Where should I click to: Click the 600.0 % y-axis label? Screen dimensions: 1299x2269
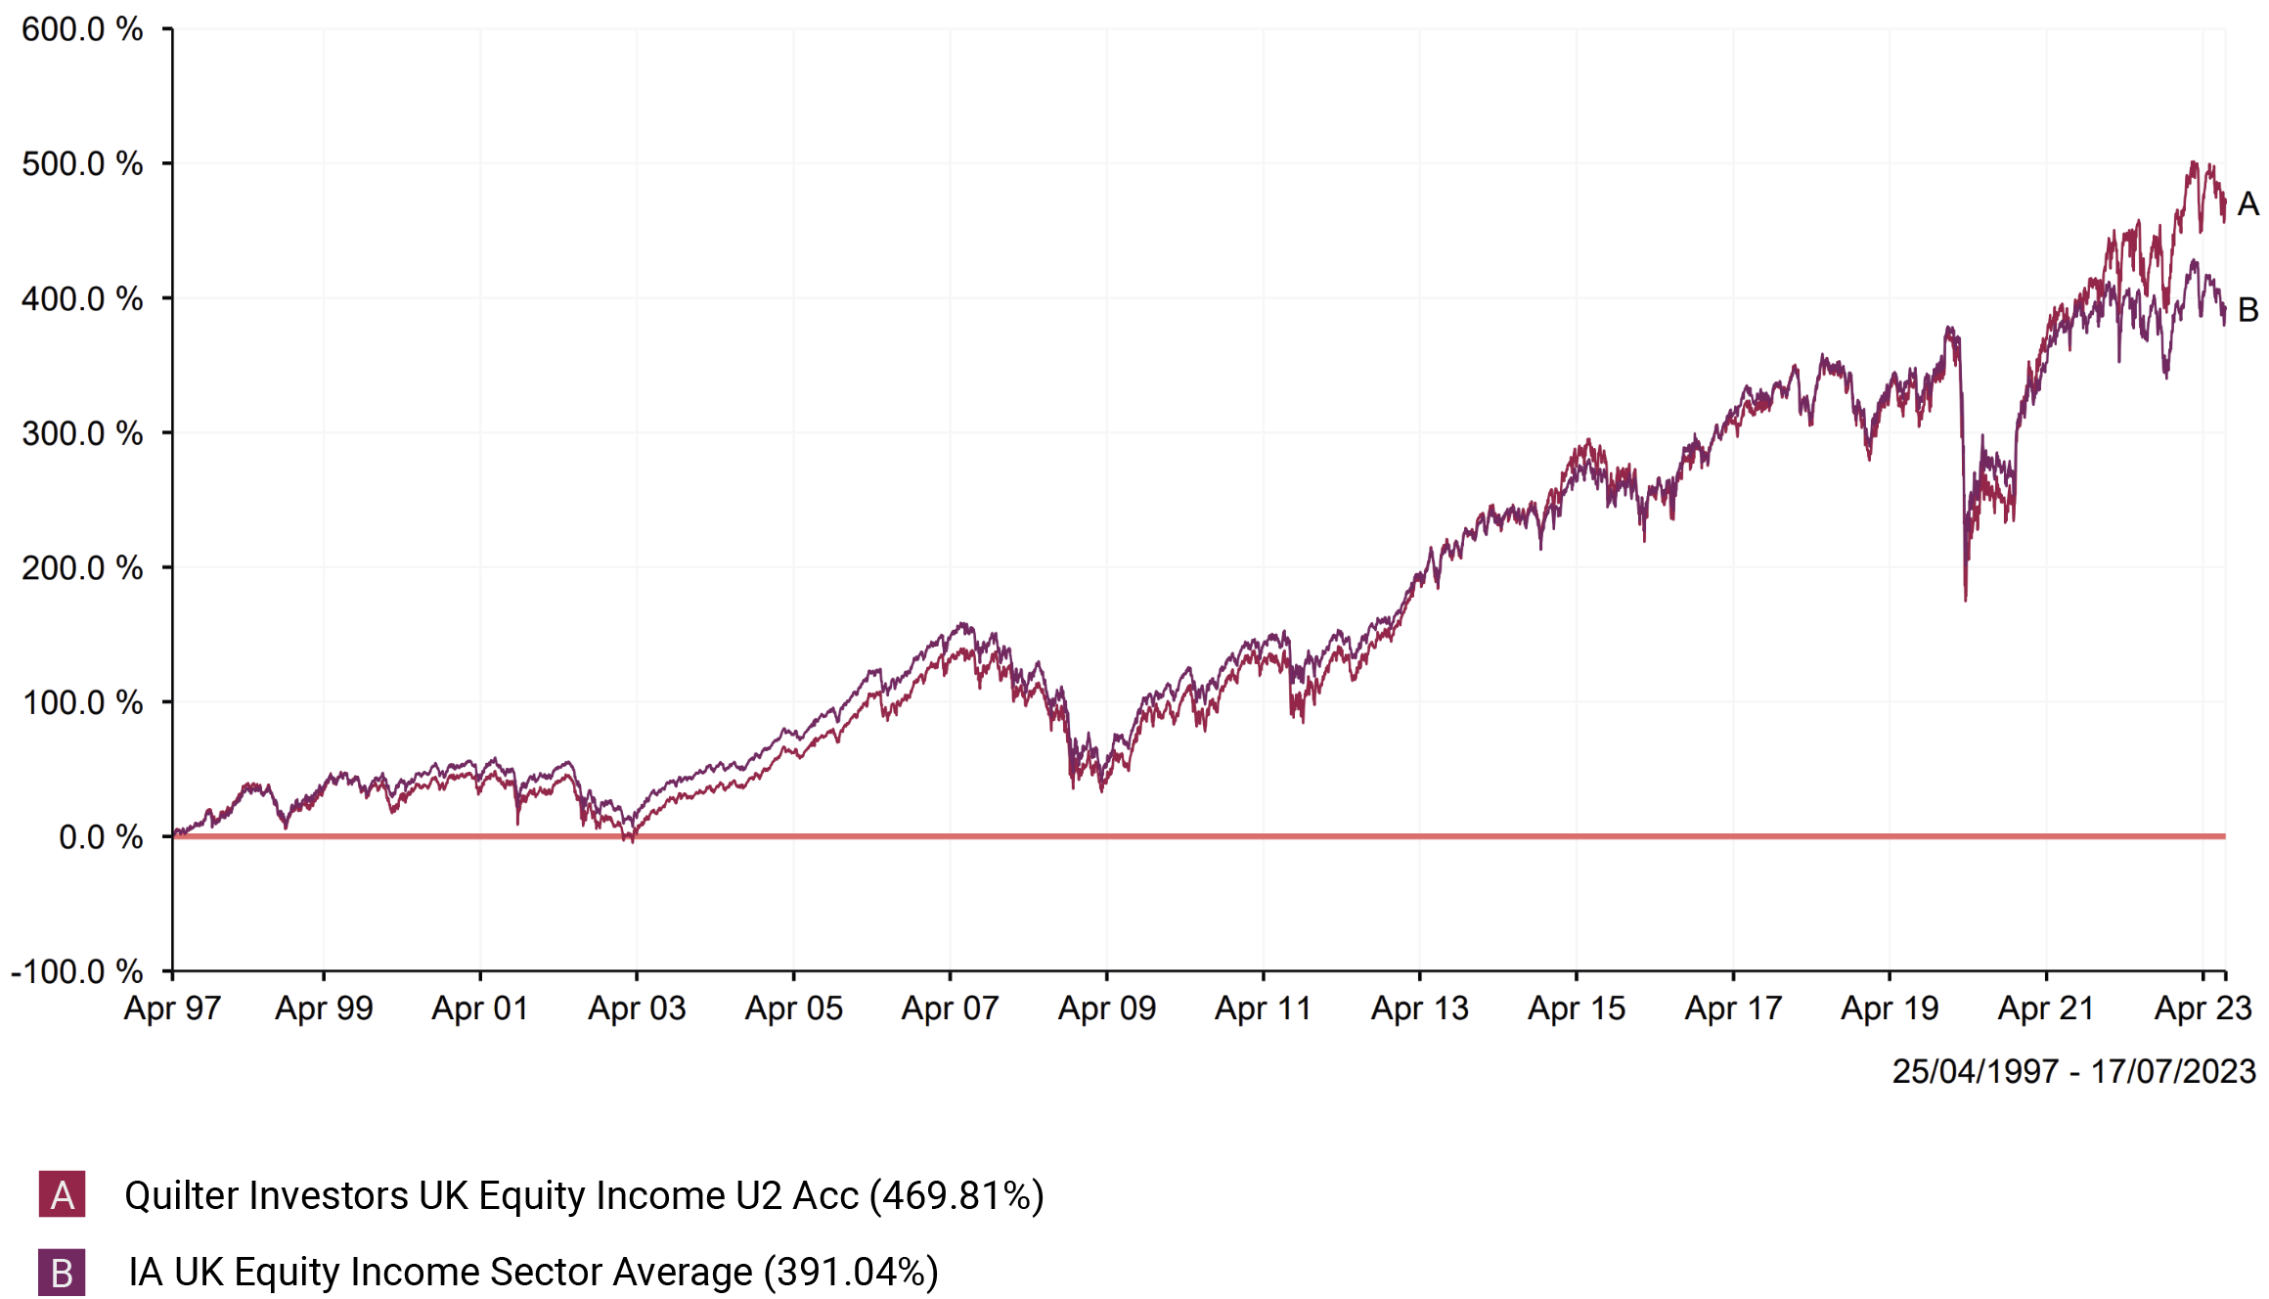click(x=82, y=29)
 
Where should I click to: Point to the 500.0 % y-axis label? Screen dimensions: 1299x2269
click(x=82, y=163)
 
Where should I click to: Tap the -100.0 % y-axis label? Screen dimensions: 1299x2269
click(x=76, y=971)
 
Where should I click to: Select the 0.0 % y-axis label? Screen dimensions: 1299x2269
click(x=101, y=837)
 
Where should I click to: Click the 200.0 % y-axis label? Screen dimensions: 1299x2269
click(x=82, y=567)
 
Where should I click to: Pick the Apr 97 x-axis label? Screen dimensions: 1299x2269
click(x=172, y=1008)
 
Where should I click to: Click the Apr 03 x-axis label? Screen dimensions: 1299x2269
click(x=637, y=1008)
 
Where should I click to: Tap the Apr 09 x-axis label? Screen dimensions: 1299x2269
click(x=1107, y=1008)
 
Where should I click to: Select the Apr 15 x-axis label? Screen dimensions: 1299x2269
click(x=1577, y=1008)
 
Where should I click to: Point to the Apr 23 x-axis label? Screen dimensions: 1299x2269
click(x=2203, y=1008)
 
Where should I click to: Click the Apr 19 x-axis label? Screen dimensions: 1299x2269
click(x=1890, y=1008)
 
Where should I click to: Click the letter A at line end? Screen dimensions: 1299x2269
click(x=2247, y=204)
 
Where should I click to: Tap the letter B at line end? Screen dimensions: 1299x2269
click(x=2247, y=310)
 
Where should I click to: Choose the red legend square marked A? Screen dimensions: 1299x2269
click(x=62, y=1194)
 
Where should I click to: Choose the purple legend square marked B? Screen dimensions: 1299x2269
click(x=62, y=1273)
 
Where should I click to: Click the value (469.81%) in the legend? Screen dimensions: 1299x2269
click(x=957, y=1195)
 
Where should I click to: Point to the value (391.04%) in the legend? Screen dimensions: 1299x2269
click(x=851, y=1272)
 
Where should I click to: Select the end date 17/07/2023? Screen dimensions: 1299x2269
click(x=2173, y=1071)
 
